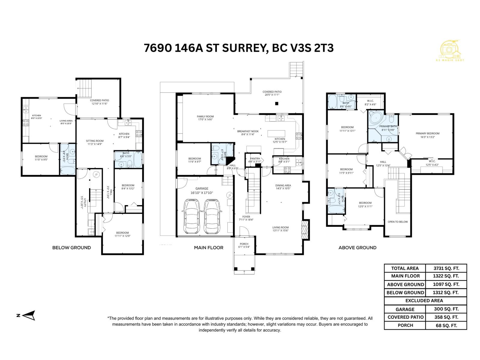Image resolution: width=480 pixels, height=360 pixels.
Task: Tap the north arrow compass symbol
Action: point(29,315)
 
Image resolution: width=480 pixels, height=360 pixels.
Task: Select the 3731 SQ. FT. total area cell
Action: point(446,268)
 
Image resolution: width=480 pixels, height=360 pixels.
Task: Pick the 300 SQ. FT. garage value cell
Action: point(446,309)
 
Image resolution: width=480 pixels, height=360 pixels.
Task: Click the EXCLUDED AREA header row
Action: point(425,301)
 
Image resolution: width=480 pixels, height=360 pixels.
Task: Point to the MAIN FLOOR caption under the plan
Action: point(208,247)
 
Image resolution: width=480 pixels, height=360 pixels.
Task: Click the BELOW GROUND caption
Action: point(71,247)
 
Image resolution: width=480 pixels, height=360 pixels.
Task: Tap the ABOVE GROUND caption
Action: point(357,247)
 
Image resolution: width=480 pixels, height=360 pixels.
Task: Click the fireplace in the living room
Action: point(304,230)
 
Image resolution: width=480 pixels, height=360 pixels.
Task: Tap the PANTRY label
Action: point(254,158)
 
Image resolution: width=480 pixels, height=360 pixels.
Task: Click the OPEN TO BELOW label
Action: point(397,222)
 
